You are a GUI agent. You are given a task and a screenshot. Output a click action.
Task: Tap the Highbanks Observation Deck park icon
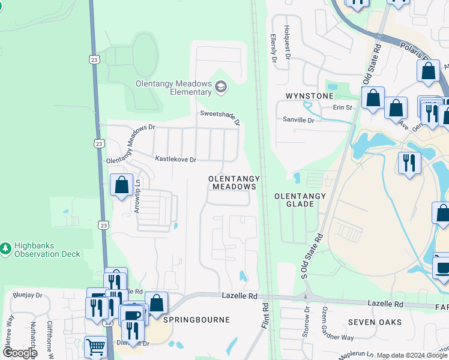point(5,248)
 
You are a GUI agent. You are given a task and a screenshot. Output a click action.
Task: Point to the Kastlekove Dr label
point(176,160)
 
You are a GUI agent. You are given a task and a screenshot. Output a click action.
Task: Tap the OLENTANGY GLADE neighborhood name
point(300,200)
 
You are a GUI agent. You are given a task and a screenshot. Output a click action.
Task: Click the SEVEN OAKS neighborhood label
point(375,322)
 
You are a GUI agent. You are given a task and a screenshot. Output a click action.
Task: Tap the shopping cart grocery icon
point(96,346)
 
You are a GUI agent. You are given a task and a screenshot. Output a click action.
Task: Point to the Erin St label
point(342,108)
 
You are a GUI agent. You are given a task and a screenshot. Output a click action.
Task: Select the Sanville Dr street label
point(298,120)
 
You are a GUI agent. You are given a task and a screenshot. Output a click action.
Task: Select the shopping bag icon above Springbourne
point(156,303)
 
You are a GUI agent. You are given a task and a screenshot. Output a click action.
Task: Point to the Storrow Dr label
point(306,322)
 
